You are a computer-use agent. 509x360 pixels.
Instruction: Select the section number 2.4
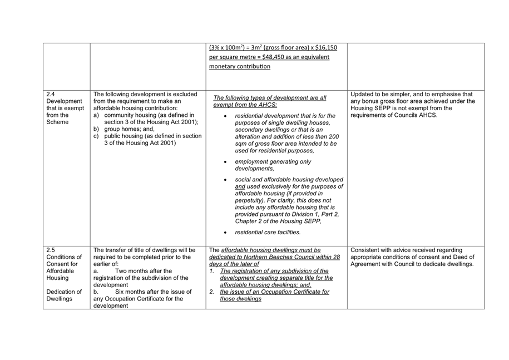coord(51,93)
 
